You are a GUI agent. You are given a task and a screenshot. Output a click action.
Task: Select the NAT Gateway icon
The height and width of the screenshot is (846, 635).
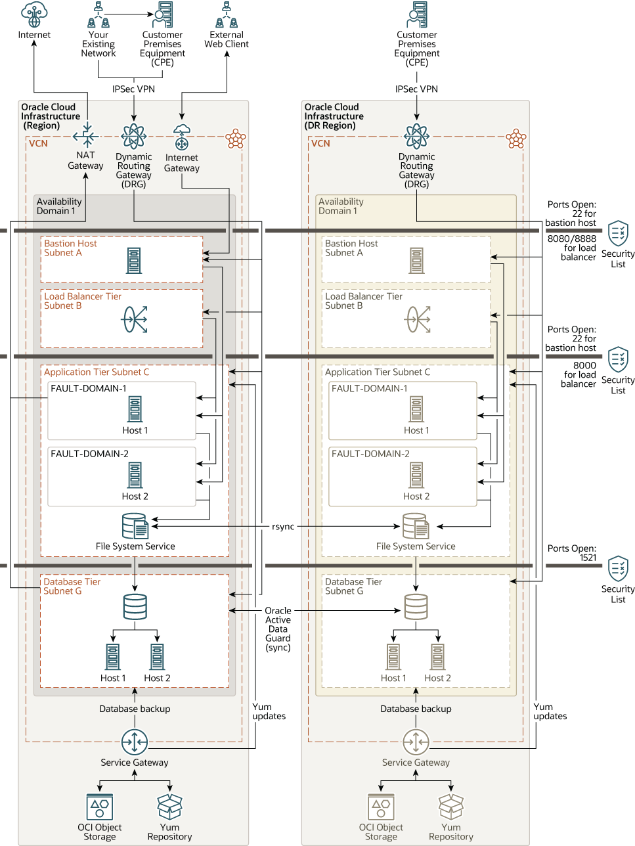pyautogui.click(x=86, y=136)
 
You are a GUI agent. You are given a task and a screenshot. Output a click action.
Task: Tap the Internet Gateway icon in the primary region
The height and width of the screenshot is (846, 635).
pyautogui.click(x=182, y=137)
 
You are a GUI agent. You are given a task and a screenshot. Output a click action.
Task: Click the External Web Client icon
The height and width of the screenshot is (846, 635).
pyautogui.click(x=227, y=15)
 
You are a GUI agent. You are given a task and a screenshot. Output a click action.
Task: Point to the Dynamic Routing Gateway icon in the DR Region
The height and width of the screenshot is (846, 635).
pyautogui.click(x=416, y=137)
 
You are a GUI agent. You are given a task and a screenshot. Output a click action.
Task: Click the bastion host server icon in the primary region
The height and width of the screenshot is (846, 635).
pyautogui.click(x=134, y=261)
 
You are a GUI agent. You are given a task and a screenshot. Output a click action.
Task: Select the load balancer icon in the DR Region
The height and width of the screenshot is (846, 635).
pyautogui.click(x=417, y=319)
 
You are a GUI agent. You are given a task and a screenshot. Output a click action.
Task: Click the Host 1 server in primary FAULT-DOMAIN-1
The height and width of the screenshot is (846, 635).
pyautogui.click(x=135, y=409)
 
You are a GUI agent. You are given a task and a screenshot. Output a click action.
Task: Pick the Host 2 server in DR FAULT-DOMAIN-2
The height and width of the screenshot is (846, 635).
pyautogui.click(x=416, y=475)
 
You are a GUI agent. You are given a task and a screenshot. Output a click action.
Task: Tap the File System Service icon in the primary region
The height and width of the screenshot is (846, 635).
pyautogui.click(x=135, y=526)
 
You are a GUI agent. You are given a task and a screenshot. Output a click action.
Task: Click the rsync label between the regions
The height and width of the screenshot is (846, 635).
pyautogui.click(x=283, y=527)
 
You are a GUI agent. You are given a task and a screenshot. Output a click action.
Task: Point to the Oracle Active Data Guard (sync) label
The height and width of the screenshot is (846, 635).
pyautogui.click(x=278, y=629)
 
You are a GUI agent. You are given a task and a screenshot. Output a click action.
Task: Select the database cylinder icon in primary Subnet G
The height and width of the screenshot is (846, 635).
pyautogui.click(x=135, y=607)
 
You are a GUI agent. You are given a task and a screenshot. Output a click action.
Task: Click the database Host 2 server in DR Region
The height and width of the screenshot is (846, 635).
pyautogui.click(x=437, y=656)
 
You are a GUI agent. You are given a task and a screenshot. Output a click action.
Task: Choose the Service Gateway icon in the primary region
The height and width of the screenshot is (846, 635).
pyautogui.click(x=135, y=742)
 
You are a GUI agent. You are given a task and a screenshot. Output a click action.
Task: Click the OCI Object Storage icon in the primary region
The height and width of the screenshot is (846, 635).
pyautogui.click(x=100, y=807)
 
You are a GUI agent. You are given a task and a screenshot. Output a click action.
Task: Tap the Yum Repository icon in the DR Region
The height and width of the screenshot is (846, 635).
pyautogui.click(x=451, y=807)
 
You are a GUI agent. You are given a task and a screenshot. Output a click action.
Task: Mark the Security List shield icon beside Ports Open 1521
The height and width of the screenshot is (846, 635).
pyautogui.click(x=618, y=568)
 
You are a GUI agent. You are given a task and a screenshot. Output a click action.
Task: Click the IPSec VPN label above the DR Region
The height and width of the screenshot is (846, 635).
pyautogui.click(x=416, y=89)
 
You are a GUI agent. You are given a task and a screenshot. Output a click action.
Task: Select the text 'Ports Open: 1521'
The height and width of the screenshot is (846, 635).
pyautogui.click(x=572, y=553)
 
